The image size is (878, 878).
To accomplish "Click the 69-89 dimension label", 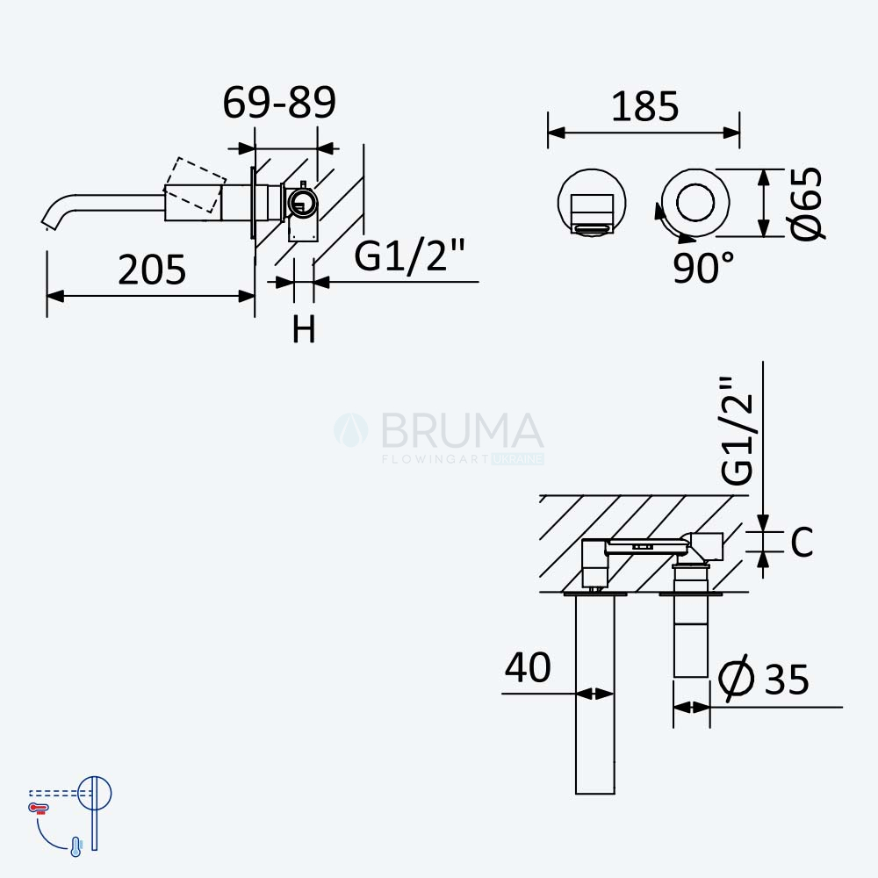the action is [279, 103].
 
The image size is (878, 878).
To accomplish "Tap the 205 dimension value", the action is [152, 270].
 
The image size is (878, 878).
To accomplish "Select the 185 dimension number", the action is [644, 106].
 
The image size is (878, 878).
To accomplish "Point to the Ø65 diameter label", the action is [807, 204].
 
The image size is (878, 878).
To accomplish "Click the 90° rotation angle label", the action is [703, 268].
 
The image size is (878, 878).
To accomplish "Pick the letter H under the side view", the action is [304, 329].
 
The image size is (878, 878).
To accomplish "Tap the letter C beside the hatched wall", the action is [802, 542].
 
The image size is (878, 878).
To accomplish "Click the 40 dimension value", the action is [528, 667].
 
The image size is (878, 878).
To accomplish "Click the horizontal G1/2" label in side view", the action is [409, 255].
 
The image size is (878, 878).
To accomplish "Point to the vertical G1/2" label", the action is [737, 430].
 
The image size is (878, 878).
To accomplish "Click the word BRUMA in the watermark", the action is [463, 430].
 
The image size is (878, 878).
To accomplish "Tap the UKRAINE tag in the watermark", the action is [517, 459].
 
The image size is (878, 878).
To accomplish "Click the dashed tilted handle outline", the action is [196, 185].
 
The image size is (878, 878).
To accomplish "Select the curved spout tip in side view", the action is [50, 221].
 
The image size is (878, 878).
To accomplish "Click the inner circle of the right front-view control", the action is [694, 202].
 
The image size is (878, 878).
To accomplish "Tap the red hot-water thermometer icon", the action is [39, 808].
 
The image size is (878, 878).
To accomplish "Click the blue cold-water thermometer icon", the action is [76, 846].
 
